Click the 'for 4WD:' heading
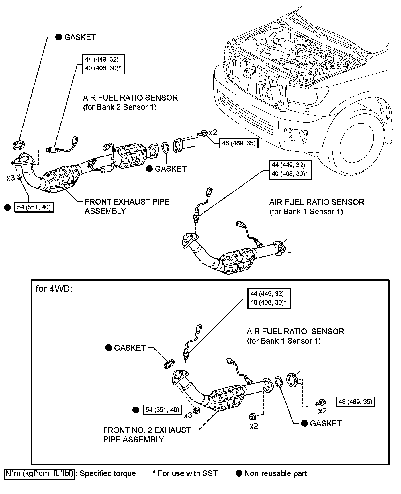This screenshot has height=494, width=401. click(x=54, y=289)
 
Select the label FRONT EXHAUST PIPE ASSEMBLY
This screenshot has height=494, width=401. click(x=127, y=206)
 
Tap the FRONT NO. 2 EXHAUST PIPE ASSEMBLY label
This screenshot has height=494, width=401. click(x=147, y=435)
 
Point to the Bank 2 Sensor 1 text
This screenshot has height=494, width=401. click(x=120, y=107)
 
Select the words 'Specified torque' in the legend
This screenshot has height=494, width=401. click(x=108, y=473)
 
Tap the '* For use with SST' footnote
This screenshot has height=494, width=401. click(x=185, y=473)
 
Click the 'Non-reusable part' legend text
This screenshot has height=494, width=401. click(x=275, y=473)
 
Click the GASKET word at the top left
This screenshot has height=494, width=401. click(x=80, y=37)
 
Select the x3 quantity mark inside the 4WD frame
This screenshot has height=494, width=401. click(x=188, y=415)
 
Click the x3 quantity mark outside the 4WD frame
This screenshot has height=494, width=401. click(x=11, y=178)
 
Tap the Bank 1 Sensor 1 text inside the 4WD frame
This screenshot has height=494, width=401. click(x=284, y=341)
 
